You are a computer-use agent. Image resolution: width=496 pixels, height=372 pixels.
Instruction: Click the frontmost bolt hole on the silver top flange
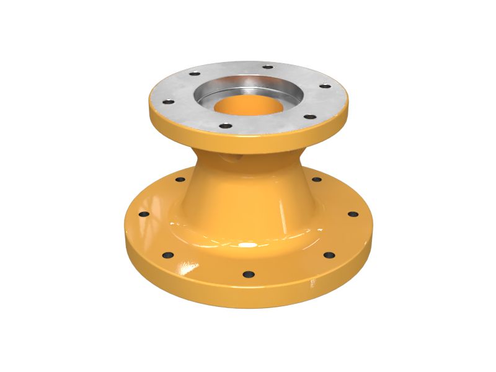[226, 126]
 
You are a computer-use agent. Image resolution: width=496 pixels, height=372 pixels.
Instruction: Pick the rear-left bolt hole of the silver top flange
[195, 74]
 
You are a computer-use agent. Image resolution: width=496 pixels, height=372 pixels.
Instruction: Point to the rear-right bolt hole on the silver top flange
[268, 67]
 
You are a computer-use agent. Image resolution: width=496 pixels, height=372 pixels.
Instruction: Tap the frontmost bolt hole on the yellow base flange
[248, 273]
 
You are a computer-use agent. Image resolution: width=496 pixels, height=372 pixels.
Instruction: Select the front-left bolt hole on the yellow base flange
[167, 254]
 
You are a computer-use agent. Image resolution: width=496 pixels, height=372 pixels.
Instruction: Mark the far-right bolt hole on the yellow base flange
[352, 214]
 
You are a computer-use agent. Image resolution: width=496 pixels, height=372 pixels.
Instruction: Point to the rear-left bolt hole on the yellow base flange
[180, 180]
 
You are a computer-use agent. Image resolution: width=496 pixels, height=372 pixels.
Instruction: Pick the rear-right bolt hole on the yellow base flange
[316, 180]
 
